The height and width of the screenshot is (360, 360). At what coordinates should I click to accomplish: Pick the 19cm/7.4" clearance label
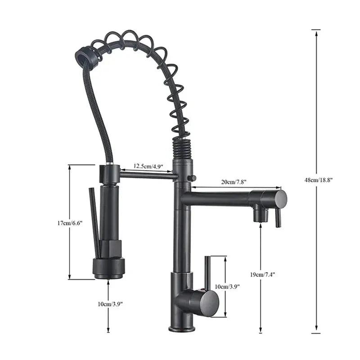point(262,274)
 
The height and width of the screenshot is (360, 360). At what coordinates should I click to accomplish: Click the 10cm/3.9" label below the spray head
point(109,304)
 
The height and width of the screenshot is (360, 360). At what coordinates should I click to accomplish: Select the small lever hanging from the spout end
point(278,218)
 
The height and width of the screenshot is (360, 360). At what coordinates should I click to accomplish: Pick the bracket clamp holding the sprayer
point(109,174)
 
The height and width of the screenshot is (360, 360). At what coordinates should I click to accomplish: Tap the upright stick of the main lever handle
point(207,272)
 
